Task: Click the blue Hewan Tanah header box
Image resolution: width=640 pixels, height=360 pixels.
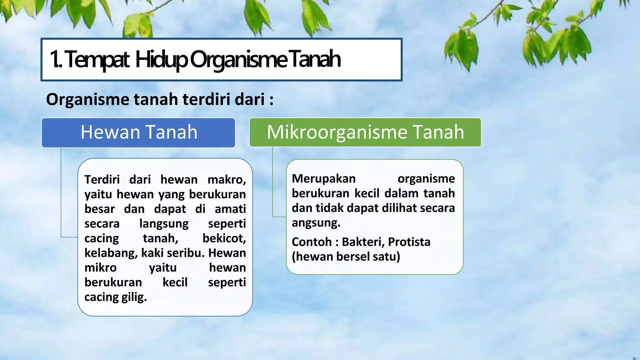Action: point(138,132)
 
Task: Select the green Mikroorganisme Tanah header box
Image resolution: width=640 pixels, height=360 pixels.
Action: point(365,132)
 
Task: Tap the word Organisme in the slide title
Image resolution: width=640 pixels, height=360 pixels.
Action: point(238,59)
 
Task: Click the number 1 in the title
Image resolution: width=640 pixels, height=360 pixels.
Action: point(55,59)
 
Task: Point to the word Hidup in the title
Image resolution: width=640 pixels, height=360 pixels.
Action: point(161,59)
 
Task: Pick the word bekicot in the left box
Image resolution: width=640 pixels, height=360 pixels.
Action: point(224,238)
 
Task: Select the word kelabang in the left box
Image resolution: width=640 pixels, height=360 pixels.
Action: point(111,253)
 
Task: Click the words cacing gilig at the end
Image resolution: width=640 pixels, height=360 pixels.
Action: point(115,297)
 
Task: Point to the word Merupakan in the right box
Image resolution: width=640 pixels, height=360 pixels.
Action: point(324,179)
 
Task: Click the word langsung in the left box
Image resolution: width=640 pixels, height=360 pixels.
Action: point(164,224)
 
